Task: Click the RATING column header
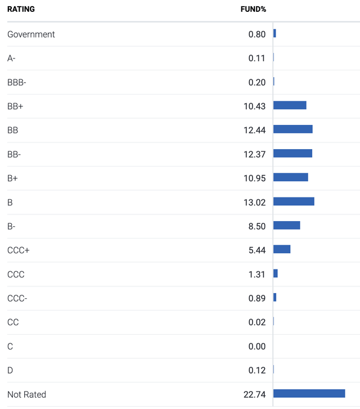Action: (x=21, y=9)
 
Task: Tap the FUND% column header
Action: (x=253, y=9)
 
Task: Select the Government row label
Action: (x=31, y=34)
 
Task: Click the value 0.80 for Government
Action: (x=256, y=34)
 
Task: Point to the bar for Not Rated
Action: (x=309, y=394)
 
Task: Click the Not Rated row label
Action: (x=26, y=394)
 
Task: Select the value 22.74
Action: (x=254, y=394)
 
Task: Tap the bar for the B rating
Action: (x=294, y=201)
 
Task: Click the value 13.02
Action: (x=254, y=202)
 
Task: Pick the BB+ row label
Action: (x=16, y=106)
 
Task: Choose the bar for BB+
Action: (x=290, y=105)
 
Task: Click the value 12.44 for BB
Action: (x=254, y=130)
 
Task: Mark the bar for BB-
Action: (x=292, y=154)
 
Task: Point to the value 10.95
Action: (x=254, y=178)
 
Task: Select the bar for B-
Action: (x=286, y=226)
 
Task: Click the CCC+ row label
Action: (x=19, y=250)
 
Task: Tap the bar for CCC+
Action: (x=282, y=249)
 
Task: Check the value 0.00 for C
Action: (x=256, y=347)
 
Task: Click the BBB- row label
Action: (x=17, y=82)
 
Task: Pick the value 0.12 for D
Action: (x=256, y=370)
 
